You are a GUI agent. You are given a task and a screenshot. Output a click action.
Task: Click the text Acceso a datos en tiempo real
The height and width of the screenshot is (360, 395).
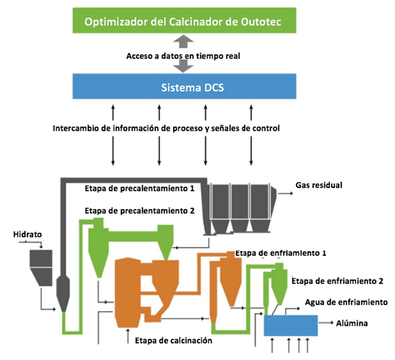[183, 56]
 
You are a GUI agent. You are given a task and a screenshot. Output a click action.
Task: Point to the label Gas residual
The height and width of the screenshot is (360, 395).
[318, 185]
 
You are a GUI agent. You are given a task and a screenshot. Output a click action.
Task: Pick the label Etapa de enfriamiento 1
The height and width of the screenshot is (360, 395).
[281, 254]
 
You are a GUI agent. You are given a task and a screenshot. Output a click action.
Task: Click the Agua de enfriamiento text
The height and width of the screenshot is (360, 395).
[346, 302]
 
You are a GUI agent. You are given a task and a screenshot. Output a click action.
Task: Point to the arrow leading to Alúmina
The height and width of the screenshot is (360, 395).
[326, 323]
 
